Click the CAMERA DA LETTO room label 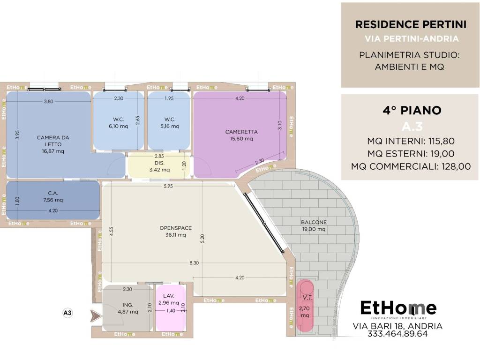click(53, 141)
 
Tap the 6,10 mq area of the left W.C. click(119, 126)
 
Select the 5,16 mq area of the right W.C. click(170, 126)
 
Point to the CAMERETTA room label click(241, 132)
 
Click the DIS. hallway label click(159, 163)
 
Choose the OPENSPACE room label click(176, 228)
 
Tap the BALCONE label click(314, 222)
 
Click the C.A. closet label click(53, 193)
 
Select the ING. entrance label click(128, 305)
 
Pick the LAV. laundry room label click(169, 296)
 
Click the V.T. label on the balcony click(307, 298)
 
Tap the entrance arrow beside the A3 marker click(96, 316)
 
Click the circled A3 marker click(67, 313)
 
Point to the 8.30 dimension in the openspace click(194, 262)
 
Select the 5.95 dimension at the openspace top click(168, 186)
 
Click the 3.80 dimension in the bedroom click(48, 101)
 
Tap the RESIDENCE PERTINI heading click(411, 24)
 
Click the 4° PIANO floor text click(412, 110)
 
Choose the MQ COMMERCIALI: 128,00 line click(411, 166)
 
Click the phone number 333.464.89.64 click(397, 334)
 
